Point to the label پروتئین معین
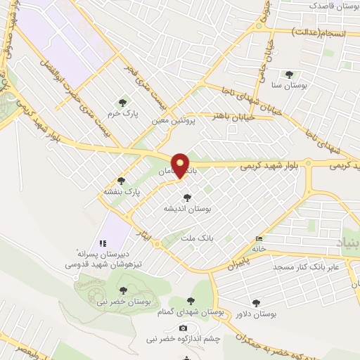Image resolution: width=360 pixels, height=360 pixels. click(x=169, y=120)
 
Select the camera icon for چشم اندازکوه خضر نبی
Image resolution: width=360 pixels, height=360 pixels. click(x=183, y=328)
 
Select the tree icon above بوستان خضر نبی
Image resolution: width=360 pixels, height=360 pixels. click(x=124, y=290)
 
